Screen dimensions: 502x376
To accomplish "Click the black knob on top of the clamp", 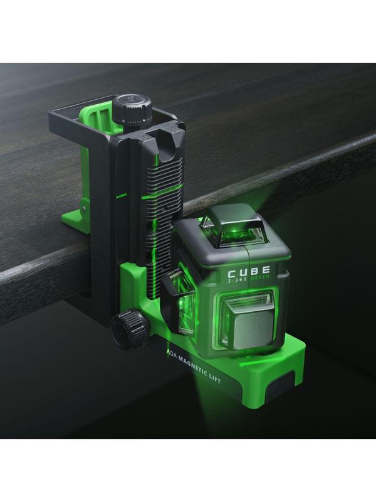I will click(132, 111).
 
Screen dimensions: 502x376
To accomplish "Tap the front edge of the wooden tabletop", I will click(38, 276).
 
